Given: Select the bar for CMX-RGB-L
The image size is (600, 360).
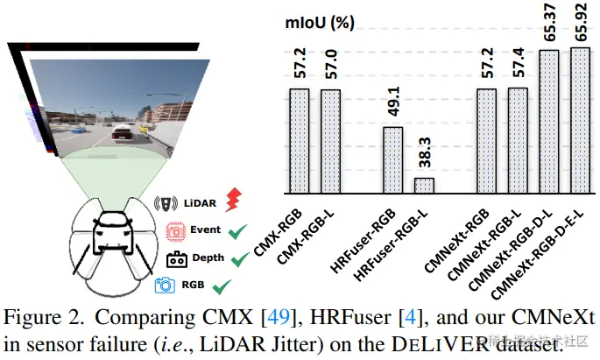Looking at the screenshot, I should click(330, 141).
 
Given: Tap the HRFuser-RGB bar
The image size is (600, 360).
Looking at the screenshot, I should click(393, 159).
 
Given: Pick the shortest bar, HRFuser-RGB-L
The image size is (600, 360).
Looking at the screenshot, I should click(424, 185).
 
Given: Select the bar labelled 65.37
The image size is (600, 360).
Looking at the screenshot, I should click(548, 121).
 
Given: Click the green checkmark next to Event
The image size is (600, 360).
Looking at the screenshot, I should click(234, 231).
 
